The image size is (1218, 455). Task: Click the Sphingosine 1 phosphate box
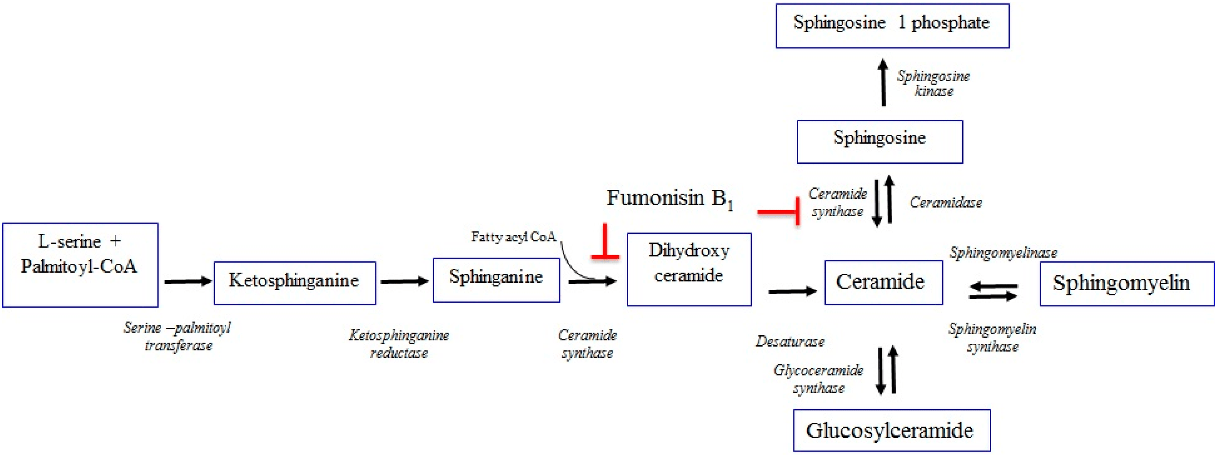point(892,26)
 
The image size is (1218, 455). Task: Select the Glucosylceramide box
point(891,430)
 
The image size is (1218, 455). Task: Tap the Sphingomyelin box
point(1127,283)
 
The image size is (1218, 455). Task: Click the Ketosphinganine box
point(295,283)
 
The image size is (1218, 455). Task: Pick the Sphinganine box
point(496,280)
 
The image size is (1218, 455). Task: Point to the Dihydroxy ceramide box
point(689,269)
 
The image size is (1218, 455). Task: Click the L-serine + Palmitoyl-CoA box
point(80,265)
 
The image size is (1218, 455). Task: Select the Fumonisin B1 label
point(669,199)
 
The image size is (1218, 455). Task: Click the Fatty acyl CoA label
point(513,237)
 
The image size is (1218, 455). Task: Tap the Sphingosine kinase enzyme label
point(933,83)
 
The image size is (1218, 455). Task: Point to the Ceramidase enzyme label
point(946,203)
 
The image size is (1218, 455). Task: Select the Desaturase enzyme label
point(790,342)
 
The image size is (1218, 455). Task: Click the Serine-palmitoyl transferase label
point(178,336)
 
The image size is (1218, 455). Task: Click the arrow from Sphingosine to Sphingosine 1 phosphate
point(883,82)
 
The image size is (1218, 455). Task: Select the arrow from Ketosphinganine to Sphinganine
point(404,282)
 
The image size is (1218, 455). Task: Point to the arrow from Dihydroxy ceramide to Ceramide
point(792,291)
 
